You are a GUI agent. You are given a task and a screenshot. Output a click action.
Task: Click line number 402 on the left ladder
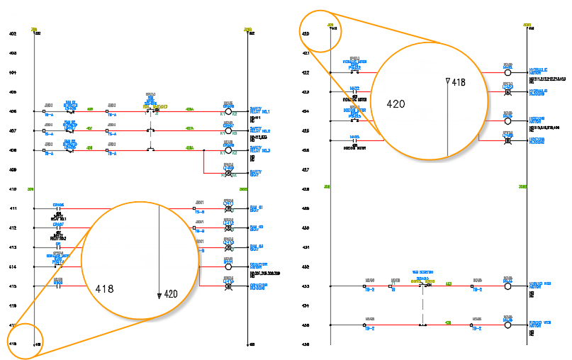[12, 34]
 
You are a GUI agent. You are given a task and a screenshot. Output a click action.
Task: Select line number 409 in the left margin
[12, 170]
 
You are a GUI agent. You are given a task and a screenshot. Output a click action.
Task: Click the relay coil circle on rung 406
[228, 111]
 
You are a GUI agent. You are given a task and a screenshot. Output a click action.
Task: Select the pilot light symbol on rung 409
[228, 173]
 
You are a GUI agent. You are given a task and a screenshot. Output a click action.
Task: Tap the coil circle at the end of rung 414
[228, 267]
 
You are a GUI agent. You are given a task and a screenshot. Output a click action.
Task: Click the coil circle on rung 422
[507, 72]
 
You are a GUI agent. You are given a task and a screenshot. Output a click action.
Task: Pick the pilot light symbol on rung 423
[507, 92]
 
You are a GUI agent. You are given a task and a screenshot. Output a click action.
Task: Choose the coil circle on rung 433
[507, 288]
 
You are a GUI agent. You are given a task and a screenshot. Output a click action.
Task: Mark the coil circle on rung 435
[507, 327]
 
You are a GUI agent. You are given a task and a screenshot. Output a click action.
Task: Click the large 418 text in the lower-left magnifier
[106, 289]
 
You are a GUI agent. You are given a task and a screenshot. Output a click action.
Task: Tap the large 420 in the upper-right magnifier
[396, 103]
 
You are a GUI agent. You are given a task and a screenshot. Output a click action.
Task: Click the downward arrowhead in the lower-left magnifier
[159, 295]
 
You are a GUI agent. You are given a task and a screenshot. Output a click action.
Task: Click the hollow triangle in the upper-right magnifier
[447, 82]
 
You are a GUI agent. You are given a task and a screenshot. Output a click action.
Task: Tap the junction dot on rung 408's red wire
[204, 150]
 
